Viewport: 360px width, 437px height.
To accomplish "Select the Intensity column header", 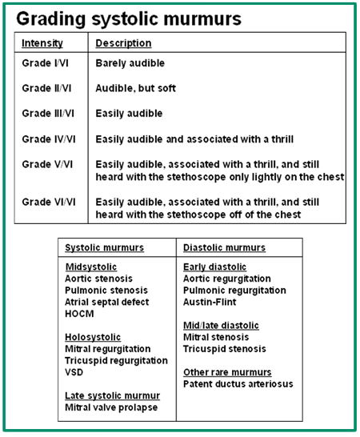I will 42,43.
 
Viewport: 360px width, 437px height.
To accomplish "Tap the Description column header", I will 123,43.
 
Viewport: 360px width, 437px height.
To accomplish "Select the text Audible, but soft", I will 135,88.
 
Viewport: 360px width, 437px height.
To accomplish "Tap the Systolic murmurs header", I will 104,248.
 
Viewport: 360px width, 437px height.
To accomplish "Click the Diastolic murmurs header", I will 225,248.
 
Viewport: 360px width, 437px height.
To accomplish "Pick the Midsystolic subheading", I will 90,267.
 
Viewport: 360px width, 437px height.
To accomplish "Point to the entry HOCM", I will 79,314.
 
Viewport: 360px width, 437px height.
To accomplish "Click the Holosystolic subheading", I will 94,337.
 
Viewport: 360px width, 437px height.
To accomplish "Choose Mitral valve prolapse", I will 111,407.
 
